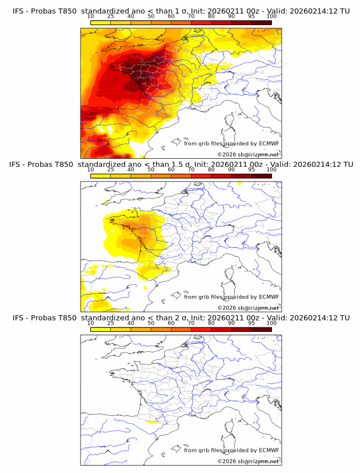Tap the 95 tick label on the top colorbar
click(x=251, y=17)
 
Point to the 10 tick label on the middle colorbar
click(x=91, y=170)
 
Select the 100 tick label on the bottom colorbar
click(x=271, y=323)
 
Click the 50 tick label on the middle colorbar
click(x=151, y=170)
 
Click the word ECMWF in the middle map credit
click(x=269, y=297)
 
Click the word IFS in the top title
click(x=18, y=11)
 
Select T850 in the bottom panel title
click(x=66, y=318)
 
